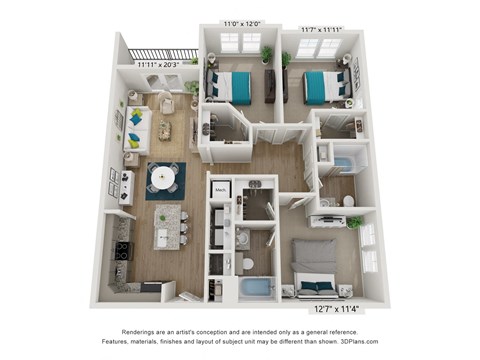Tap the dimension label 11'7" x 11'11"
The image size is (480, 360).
(x=320, y=29)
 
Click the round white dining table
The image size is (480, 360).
(x=165, y=177)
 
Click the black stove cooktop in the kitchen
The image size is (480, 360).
(x=122, y=249)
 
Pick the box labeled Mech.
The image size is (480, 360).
(x=221, y=189)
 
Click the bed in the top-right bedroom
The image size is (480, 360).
(x=323, y=86)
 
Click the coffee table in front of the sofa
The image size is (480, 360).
(x=166, y=129)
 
